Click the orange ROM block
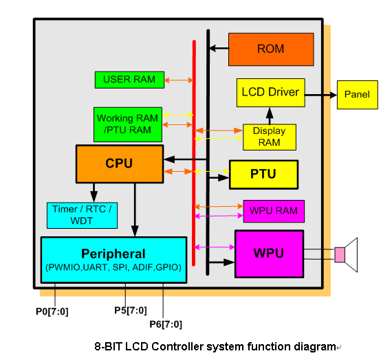point(271,49)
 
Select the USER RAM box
point(129,80)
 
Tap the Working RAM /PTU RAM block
point(128,124)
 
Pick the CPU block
point(120,164)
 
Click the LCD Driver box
point(271,93)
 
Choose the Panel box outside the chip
point(357,95)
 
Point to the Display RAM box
point(270,137)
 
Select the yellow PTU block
point(264,175)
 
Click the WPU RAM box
point(274,211)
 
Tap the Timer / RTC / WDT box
point(82,215)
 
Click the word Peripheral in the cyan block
point(113,254)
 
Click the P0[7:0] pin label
point(52,312)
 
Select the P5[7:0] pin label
point(131,311)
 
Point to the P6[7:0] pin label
point(166,324)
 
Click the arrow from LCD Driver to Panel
point(320,95)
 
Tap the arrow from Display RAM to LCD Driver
point(270,116)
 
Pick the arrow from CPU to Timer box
point(94,192)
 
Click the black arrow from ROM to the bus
point(219,48)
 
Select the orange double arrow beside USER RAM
point(179,80)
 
